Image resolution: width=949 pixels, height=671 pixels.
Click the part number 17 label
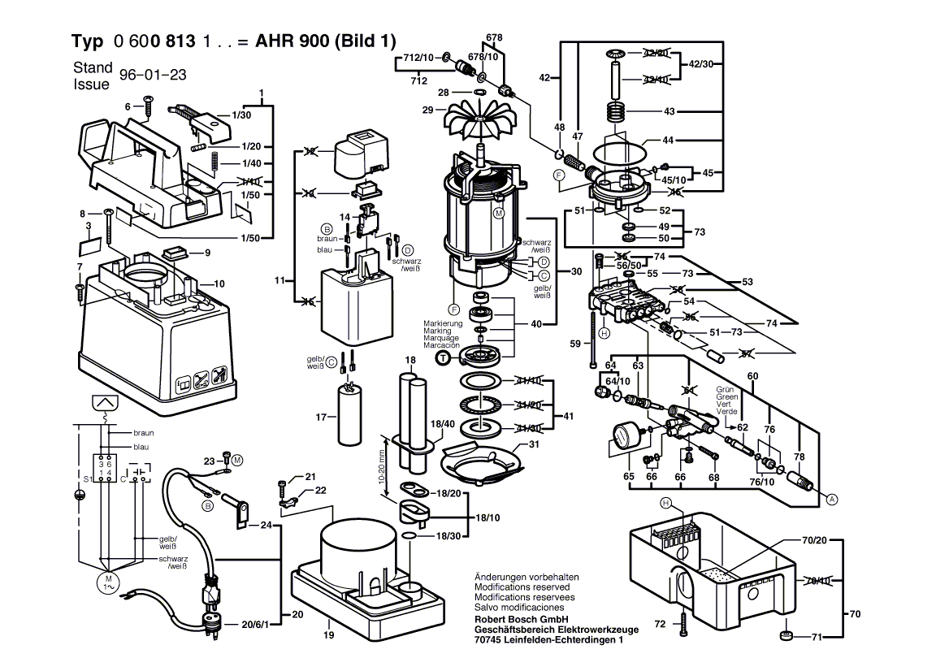point(321,418)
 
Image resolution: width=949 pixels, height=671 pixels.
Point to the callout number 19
point(329,635)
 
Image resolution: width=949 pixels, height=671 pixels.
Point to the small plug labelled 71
point(786,636)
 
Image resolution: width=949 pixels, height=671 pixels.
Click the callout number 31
point(533,444)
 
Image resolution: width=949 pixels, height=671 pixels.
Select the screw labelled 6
point(148,103)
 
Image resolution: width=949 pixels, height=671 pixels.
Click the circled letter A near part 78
point(831,500)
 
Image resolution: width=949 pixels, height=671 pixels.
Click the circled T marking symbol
point(443,357)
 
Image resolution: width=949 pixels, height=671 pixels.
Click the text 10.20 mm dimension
point(381,463)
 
